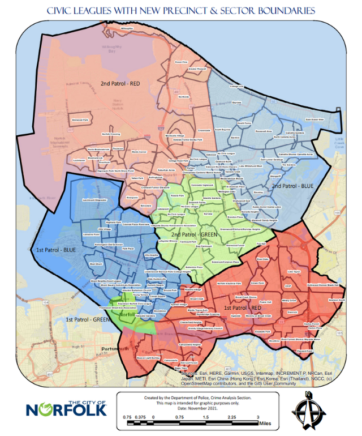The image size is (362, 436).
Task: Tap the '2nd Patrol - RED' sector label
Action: (120, 84)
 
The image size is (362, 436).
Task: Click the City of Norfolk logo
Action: (66, 408)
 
